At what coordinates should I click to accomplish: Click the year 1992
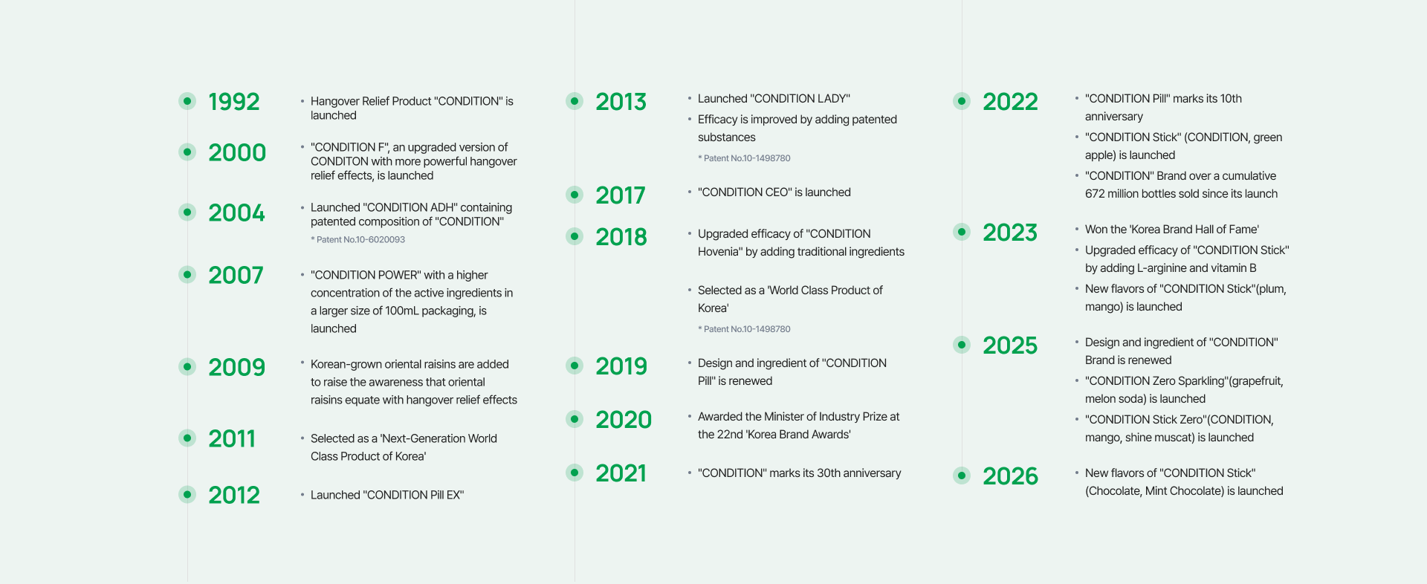(x=233, y=102)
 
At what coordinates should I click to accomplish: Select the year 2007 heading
(x=236, y=276)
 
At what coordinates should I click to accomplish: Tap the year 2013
(x=621, y=102)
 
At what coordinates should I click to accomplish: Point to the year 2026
(x=1010, y=476)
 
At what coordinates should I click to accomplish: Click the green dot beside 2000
(x=187, y=152)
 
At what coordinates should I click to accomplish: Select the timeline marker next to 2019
(x=575, y=366)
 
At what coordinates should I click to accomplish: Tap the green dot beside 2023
(x=962, y=232)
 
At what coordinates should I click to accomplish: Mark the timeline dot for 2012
(x=187, y=494)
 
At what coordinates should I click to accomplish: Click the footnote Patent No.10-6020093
(x=357, y=239)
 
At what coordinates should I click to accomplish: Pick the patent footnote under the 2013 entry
(x=744, y=158)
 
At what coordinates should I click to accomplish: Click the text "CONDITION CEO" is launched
(x=774, y=192)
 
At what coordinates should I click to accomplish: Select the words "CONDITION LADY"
(x=800, y=99)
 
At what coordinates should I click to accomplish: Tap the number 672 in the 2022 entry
(x=1095, y=194)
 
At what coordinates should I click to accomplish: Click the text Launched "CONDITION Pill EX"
(x=387, y=495)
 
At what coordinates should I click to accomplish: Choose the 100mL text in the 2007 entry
(x=401, y=311)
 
